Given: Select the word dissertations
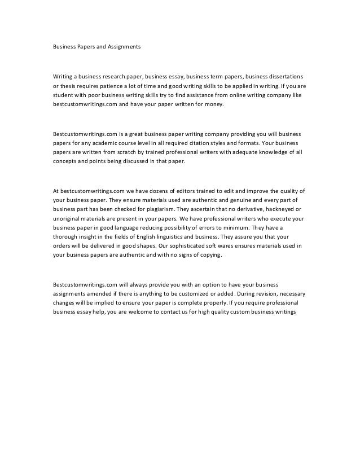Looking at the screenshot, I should (x=283, y=76).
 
